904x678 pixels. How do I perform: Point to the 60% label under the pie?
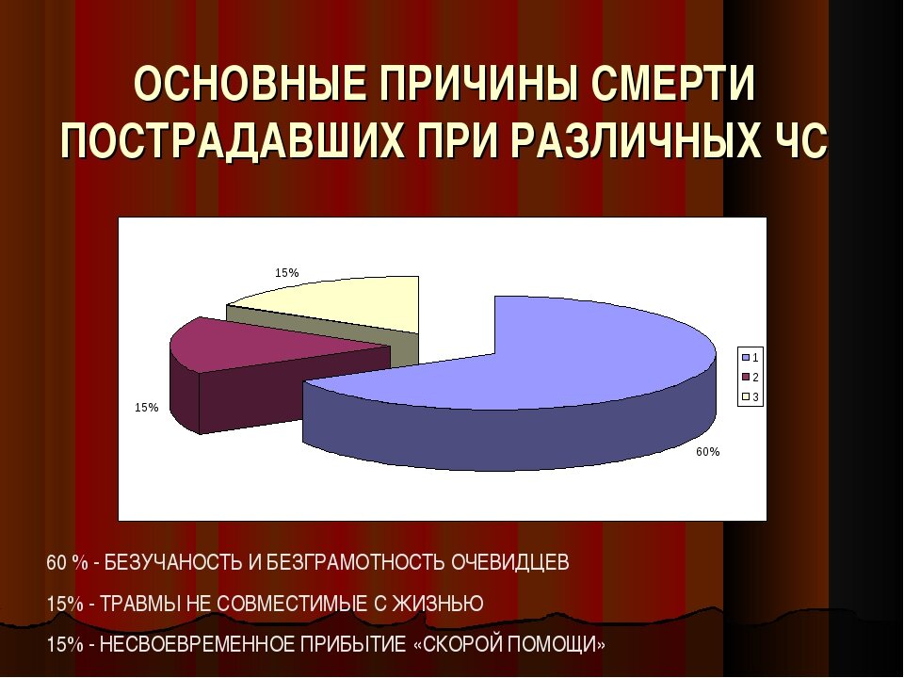click(x=708, y=452)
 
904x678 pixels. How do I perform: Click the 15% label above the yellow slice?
click(x=287, y=273)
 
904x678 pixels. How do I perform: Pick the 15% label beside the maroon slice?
click(x=146, y=408)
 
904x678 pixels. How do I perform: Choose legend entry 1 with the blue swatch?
click(x=751, y=358)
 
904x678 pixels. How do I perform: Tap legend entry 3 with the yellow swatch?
click(x=751, y=397)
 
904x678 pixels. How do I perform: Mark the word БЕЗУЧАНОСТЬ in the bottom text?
click(x=173, y=563)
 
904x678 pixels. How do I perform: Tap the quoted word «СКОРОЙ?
click(x=460, y=646)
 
